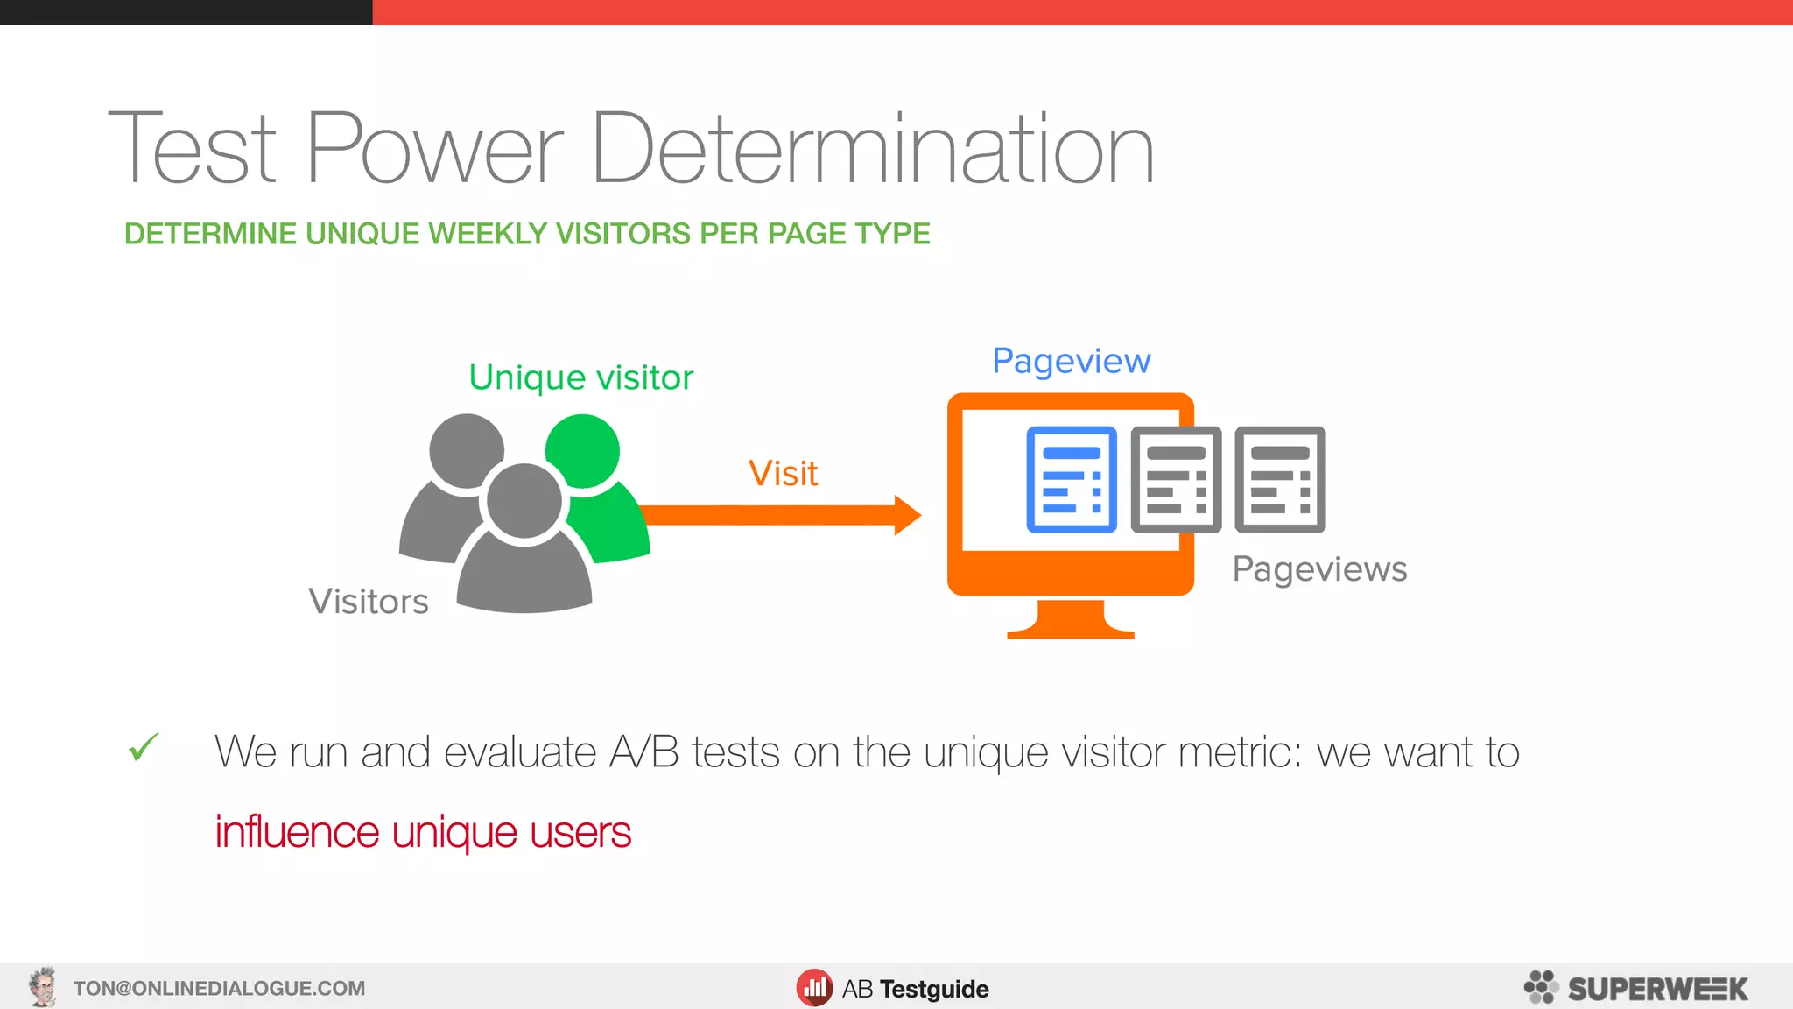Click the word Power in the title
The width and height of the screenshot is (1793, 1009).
(x=435, y=149)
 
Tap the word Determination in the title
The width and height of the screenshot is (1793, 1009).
(x=873, y=149)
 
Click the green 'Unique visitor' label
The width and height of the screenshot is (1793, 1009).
(x=580, y=377)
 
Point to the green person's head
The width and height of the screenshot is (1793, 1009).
(x=583, y=450)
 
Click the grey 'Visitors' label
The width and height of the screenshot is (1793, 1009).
(x=369, y=602)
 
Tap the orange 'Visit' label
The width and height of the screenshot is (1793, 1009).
(x=783, y=474)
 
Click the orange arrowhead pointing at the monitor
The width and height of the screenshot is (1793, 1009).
(x=907, y=515)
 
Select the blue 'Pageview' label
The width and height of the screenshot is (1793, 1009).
(x=1071, y=361)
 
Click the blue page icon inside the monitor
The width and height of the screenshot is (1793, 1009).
(x=1072, y=480)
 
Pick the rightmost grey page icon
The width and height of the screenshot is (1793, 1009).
(x=1280, y=480)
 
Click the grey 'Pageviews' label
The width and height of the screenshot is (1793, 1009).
(x=1319, y=569)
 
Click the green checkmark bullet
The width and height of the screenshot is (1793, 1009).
(x=144, y=747)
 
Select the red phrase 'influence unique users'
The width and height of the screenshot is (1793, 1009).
(x=423, y=832)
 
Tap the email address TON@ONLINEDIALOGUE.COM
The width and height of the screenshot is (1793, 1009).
(x=219, y=989)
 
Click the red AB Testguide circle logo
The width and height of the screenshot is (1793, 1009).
(x=814, y=988)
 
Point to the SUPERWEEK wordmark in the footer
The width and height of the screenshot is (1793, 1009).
(x=1657, y=989)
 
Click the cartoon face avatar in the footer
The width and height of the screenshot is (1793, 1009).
(x=42, y=987)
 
